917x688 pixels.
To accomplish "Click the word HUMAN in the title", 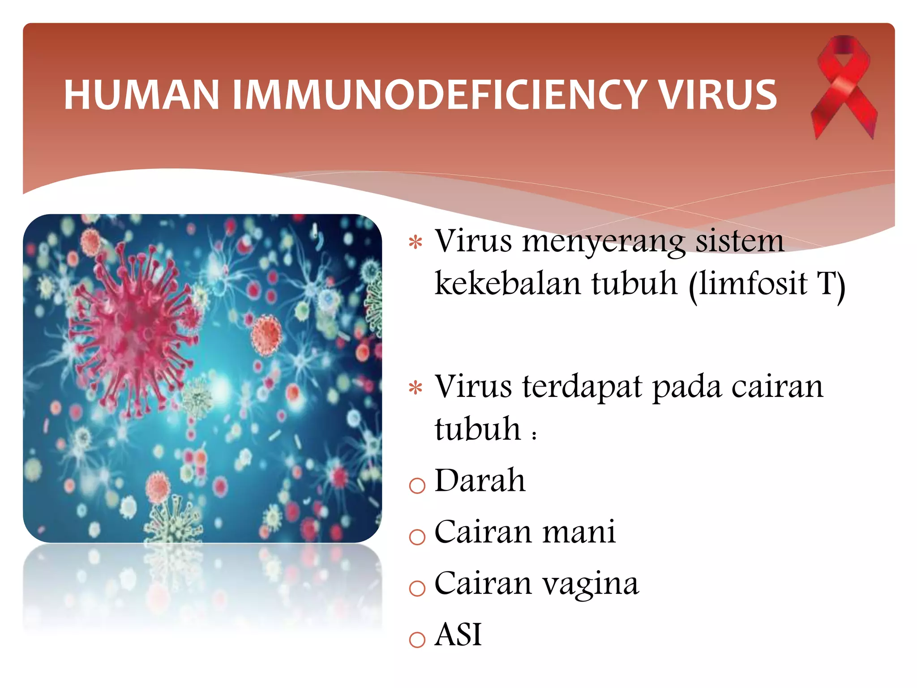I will [141, 95].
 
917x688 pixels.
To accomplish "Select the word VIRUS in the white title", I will [719, 95].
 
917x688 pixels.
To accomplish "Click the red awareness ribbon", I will [844, 87].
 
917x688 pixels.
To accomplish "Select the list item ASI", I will [458, 635].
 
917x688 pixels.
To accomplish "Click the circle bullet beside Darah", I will [417, 485].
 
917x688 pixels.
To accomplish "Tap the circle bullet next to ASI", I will [417, 639].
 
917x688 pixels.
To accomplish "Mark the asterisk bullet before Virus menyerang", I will [416, 242].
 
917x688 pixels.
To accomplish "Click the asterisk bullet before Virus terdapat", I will [416, 388].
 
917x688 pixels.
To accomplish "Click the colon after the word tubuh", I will [534, 434].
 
